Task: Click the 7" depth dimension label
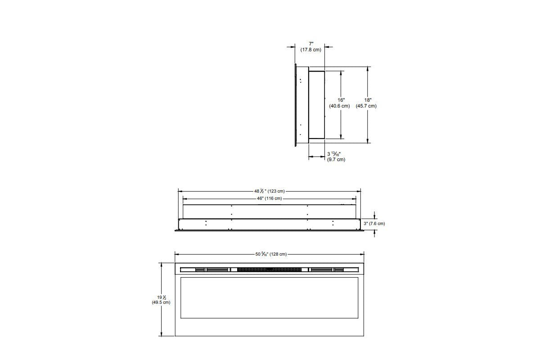click(x=311, y=43)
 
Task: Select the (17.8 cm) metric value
click(x=311, y=49)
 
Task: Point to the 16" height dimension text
click(x=341, y=99)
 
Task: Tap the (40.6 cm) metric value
click(x=339, y=106)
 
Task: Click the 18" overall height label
click(x=368, y=99)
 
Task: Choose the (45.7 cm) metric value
click(x=366, y=106)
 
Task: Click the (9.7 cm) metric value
click(x=336, y=160)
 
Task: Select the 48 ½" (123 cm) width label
click(x=270, y=191)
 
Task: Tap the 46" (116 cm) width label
click(x=269, y=198)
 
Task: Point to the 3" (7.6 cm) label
click(x=374, y=224)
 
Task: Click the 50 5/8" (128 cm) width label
click(x=270, y=254)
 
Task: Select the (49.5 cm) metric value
click(x=161, y=302)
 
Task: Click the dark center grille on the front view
click(x=269, y=270)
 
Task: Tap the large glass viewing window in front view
click(x=269, y=297)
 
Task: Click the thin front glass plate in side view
click(x=295, y=105)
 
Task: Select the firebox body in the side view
click(x=316, y=104)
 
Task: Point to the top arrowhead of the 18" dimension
click(x=369, y=69)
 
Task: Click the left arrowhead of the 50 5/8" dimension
click(x=177, y=254)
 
